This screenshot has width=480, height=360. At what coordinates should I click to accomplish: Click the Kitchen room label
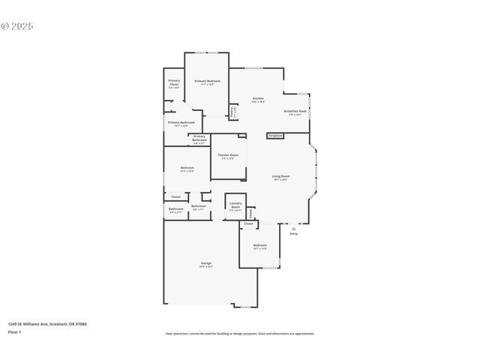tap(258, 98)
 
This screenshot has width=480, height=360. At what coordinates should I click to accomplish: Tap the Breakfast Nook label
tap(295, 111)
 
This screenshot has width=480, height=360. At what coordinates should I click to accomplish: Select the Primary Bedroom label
tap(207, 81)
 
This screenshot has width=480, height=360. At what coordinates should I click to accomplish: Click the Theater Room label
tap(228, 155)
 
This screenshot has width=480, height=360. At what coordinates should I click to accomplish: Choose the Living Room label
tap(280, 176)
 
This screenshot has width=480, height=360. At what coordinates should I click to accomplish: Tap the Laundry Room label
tap(235, 206)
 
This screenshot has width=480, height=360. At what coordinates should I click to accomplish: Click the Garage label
tap(205, 263)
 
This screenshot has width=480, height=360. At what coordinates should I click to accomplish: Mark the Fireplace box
tap(275, 136)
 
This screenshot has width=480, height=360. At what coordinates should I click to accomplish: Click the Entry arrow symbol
tap(293, 228)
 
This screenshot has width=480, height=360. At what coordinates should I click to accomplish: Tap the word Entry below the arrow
tap(293, 234)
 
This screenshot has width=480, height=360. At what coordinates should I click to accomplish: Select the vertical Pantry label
tap(233, 111)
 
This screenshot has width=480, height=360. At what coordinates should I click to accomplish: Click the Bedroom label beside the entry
tap(259, 245)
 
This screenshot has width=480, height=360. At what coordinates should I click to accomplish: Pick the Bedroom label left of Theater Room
tap(187, 167)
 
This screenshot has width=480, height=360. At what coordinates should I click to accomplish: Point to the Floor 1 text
tap(15, 331)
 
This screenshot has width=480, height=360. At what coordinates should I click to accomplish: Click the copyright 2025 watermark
tap(17, 26)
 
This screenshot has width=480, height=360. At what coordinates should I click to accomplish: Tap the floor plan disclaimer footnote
tap(240, 334)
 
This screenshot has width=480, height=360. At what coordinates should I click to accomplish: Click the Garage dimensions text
tap(205, 267)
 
